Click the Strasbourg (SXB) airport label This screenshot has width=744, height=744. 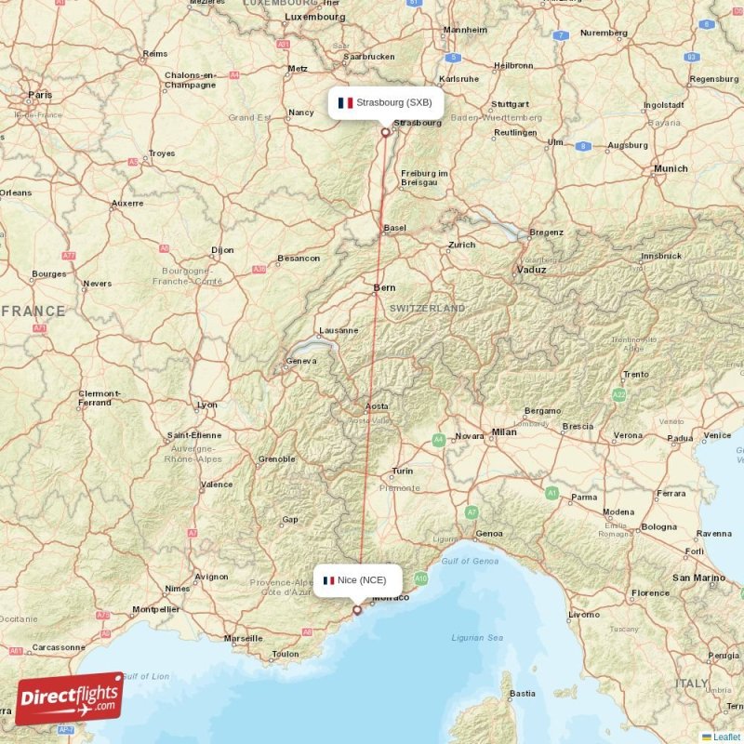point(385,102)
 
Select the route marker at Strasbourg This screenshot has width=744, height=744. point(385,132)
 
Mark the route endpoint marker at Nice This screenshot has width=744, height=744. point(356,610)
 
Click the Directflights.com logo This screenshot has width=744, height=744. point(69,698)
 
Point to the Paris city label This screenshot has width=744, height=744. point(40,95)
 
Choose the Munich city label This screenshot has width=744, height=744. point(671,168)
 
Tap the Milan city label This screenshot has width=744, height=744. point(504,432)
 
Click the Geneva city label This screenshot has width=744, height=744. point(302,361)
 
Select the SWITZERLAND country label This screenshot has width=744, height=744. point(428,308)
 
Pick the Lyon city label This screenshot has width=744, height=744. point(207,405)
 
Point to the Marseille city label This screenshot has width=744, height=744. point(243,639)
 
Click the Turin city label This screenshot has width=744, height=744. point(402,471)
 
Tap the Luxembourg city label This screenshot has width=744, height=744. point(314,17)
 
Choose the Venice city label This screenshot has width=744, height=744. point(717,435)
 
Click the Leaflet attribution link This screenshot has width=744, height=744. point(726,737)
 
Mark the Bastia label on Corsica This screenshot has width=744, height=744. point(523,693)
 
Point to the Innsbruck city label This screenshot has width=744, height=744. point(661,256)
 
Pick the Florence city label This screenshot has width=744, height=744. point(650,592)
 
